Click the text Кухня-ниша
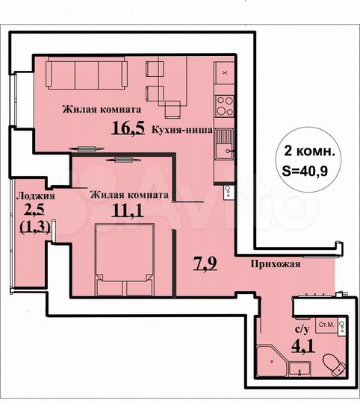(x=182, y=128)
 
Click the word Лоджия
(x=33, y=196)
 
